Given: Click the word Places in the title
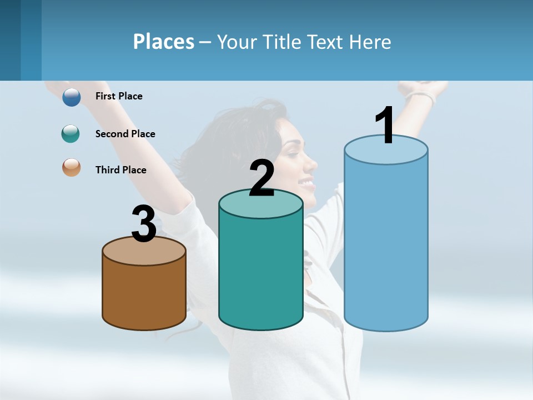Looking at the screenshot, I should [164, 42].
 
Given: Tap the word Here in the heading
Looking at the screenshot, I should [370, 42].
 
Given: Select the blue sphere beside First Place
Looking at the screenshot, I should [72, 97].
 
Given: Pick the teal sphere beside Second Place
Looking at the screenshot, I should [71, 133].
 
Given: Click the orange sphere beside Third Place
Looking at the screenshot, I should [71, 167].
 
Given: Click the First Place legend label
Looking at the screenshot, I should [119, 96].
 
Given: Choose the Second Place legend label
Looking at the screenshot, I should [125, 133].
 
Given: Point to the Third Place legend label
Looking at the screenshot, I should [120, 170].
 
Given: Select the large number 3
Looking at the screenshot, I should [144, 224].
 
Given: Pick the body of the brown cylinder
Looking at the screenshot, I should [144, 294].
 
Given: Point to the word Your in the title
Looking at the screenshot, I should [238, 42].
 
